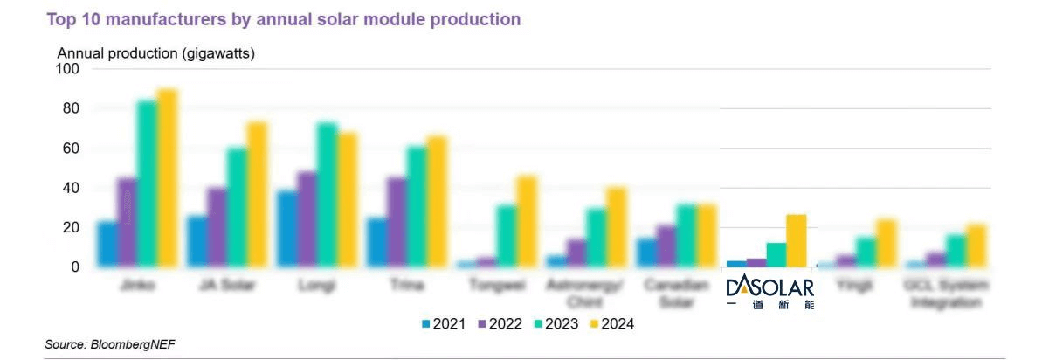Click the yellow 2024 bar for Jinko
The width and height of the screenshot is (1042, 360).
tap(167, 178)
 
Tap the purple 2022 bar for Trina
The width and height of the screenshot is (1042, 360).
tap(397, 222)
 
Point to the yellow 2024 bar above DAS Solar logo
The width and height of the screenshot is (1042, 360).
tap(797, 240)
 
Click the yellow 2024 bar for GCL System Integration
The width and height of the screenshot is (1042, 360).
tap(976, 246)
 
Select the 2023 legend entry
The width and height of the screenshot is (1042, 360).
tap(557, 324)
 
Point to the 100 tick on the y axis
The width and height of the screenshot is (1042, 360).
tap(67, 69)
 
